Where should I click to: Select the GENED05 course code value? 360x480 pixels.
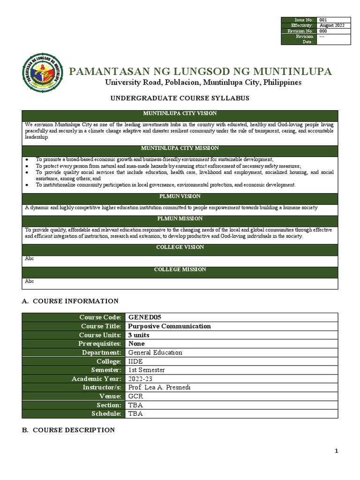(144, 317)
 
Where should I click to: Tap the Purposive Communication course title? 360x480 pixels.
(169, 326)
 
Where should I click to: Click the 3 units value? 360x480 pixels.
(139, 335)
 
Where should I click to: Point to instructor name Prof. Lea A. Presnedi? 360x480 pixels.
(159, 388)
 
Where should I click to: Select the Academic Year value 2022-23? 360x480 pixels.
(140, 379)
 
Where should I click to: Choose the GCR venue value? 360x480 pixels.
(136, 397)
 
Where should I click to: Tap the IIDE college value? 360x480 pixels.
(136, 361)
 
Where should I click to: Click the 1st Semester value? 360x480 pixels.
(146, 370)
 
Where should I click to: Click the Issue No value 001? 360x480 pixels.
(323, 20)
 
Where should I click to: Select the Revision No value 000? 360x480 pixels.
(323, 31)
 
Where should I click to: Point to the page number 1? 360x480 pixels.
(336, 451)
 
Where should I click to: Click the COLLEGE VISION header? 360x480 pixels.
(180, 247)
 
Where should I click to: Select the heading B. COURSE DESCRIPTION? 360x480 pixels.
(68, 430)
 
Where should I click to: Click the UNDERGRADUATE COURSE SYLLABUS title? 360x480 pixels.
(180, 98)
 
